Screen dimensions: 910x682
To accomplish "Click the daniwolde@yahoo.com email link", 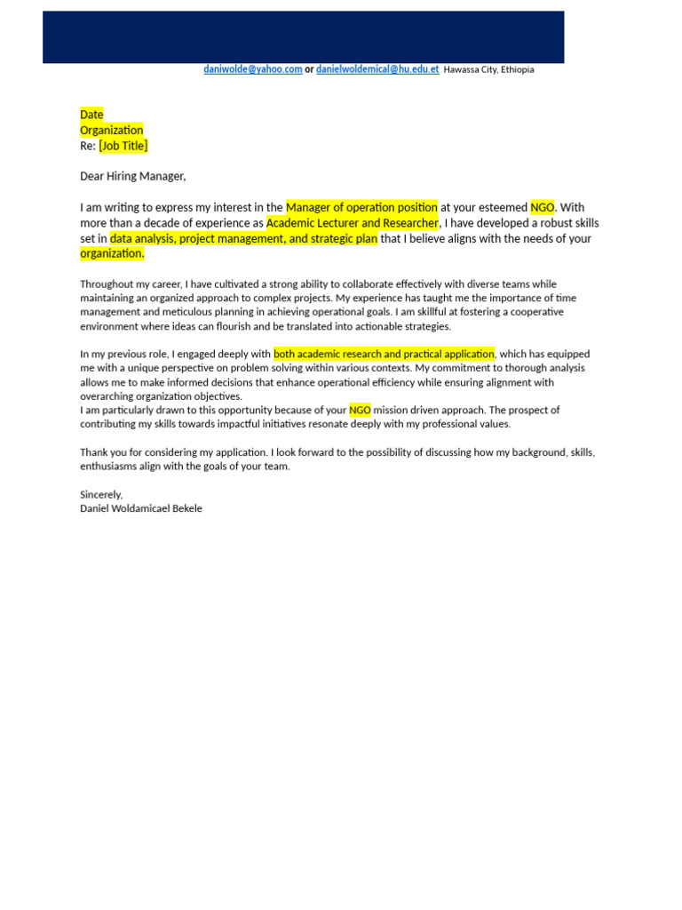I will click(253, 69).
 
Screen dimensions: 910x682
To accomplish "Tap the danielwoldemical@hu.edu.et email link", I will click(377, 69).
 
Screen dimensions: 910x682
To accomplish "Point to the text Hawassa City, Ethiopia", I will click(488, 69).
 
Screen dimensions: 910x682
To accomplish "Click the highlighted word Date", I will click(91, 115).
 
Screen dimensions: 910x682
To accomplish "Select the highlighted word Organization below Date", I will click(112, 131).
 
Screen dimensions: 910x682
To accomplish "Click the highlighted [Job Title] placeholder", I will click(123, 146).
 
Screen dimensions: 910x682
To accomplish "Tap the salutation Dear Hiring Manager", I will click(133, 176).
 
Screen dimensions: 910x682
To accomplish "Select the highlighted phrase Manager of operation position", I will click(361, 207).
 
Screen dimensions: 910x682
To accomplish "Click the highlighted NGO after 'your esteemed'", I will click(542, 207).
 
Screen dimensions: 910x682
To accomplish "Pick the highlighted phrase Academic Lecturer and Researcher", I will click(353, 223).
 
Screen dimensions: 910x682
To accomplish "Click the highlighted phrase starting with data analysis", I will click(243, 238).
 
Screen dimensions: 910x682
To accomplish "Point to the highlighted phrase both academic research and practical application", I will click(384, 354).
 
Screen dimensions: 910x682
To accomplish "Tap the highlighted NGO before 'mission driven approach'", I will click(360, 410).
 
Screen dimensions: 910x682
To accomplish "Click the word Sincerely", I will click(101, 494).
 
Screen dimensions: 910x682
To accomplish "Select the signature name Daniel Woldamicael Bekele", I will click(141, 508).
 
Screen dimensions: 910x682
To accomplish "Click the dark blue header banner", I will click(303, 36).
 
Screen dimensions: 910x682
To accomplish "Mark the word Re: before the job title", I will click(88, 146).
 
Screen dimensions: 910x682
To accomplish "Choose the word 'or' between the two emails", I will click(309, 69).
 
